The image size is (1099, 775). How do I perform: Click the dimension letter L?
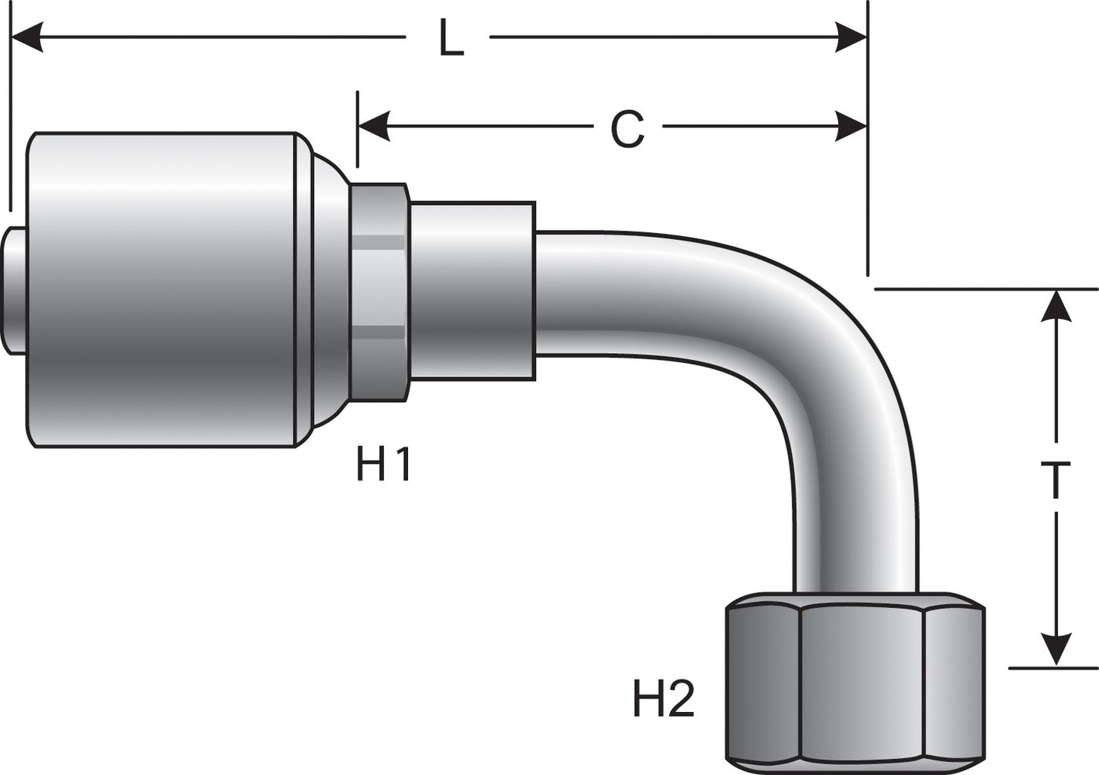[x=451, y=39]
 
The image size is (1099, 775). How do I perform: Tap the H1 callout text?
[x=384, y=464]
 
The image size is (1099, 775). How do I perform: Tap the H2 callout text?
[x=664, y=699]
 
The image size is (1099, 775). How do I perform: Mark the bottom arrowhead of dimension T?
[x=1055, y=651]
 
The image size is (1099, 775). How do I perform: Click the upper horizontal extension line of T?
[x=986, y=289]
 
